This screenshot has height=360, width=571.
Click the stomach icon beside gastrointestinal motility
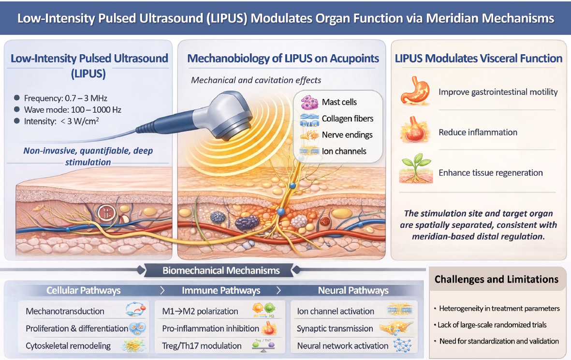(415, 91)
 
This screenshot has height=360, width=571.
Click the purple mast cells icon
(309, 102)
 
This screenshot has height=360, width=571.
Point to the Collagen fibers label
(348, 119)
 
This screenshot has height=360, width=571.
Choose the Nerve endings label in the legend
(347, 135)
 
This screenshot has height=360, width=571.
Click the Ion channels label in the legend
(344, 151)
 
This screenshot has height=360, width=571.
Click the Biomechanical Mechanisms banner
(221, 270)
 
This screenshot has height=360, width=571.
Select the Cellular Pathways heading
(83, 290)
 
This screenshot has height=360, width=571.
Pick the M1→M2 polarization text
(200, 311)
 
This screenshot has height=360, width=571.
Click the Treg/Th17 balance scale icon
(264, 345)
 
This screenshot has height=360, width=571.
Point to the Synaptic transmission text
(335, 328)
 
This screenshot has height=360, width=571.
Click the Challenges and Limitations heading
(497, 279)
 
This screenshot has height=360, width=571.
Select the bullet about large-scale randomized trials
(491, 325)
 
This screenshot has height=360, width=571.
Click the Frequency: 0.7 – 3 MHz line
(66, 98)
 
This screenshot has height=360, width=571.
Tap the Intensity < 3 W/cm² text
(61, 121)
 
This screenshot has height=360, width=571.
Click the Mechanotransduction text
(65, 311)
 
